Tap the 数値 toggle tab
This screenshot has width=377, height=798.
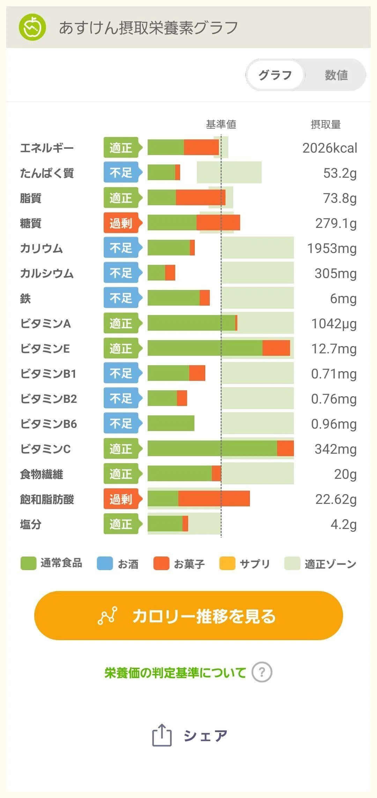point(336,75)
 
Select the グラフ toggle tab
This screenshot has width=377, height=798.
point(275,75)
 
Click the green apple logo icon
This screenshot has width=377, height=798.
point(32,27)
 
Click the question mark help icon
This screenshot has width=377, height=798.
point(262,672)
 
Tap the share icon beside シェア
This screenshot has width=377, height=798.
point(162,735)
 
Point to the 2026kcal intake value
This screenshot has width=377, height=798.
point(330,148)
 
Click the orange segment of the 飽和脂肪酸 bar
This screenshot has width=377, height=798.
point(214,499)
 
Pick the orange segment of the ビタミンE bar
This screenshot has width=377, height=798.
point(276,348)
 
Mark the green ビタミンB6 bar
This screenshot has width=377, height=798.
point(171,423)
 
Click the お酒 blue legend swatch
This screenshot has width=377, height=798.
point(105,563)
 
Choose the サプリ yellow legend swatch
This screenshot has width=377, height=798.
point(227,563)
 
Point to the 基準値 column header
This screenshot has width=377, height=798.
point(221,124)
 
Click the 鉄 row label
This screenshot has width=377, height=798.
point(25,299)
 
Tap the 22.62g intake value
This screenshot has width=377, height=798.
point(336,499)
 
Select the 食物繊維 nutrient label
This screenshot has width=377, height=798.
point(42,474)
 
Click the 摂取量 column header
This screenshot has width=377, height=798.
point(326,124)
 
